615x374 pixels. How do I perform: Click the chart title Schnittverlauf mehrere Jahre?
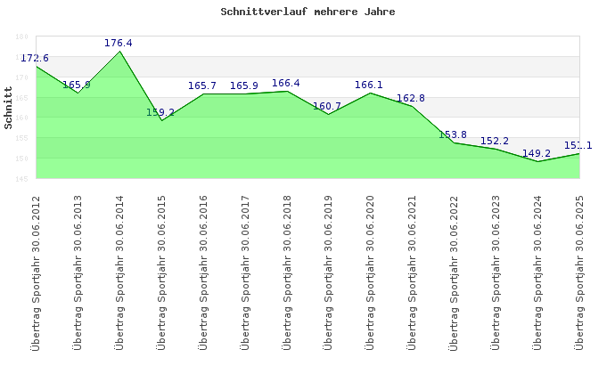pyautogui.click(x=307, y=12)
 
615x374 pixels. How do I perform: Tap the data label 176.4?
pyautogui.click(x=119, y=43)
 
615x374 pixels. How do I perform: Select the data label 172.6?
pyautogui.click(x=35, y=58)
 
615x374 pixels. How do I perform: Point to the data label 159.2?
pyautogui.click(x=160, y=112)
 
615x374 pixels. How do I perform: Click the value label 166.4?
pyautogui.click(x=286, y=84)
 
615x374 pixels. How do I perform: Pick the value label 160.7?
pyautogui.click(x=327, y=106)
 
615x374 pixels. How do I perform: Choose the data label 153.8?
pyautogui.click(x=453, y=134)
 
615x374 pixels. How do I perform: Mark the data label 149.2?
pyautogui.click(x=537, y=153)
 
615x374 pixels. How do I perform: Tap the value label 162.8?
pyautogui.click(x=411, y=98)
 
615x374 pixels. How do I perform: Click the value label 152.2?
pyautogui.click(x=495, y=141)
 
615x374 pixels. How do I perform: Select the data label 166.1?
pyautogui.click(x=369, y=85)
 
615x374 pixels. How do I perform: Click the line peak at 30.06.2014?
pyautogui.click(x=119, y=51)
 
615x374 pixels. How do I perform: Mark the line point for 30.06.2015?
pyautogui.click(x=161, y=120)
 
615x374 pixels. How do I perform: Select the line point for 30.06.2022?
pyautogui.click(x=454, y=142)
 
